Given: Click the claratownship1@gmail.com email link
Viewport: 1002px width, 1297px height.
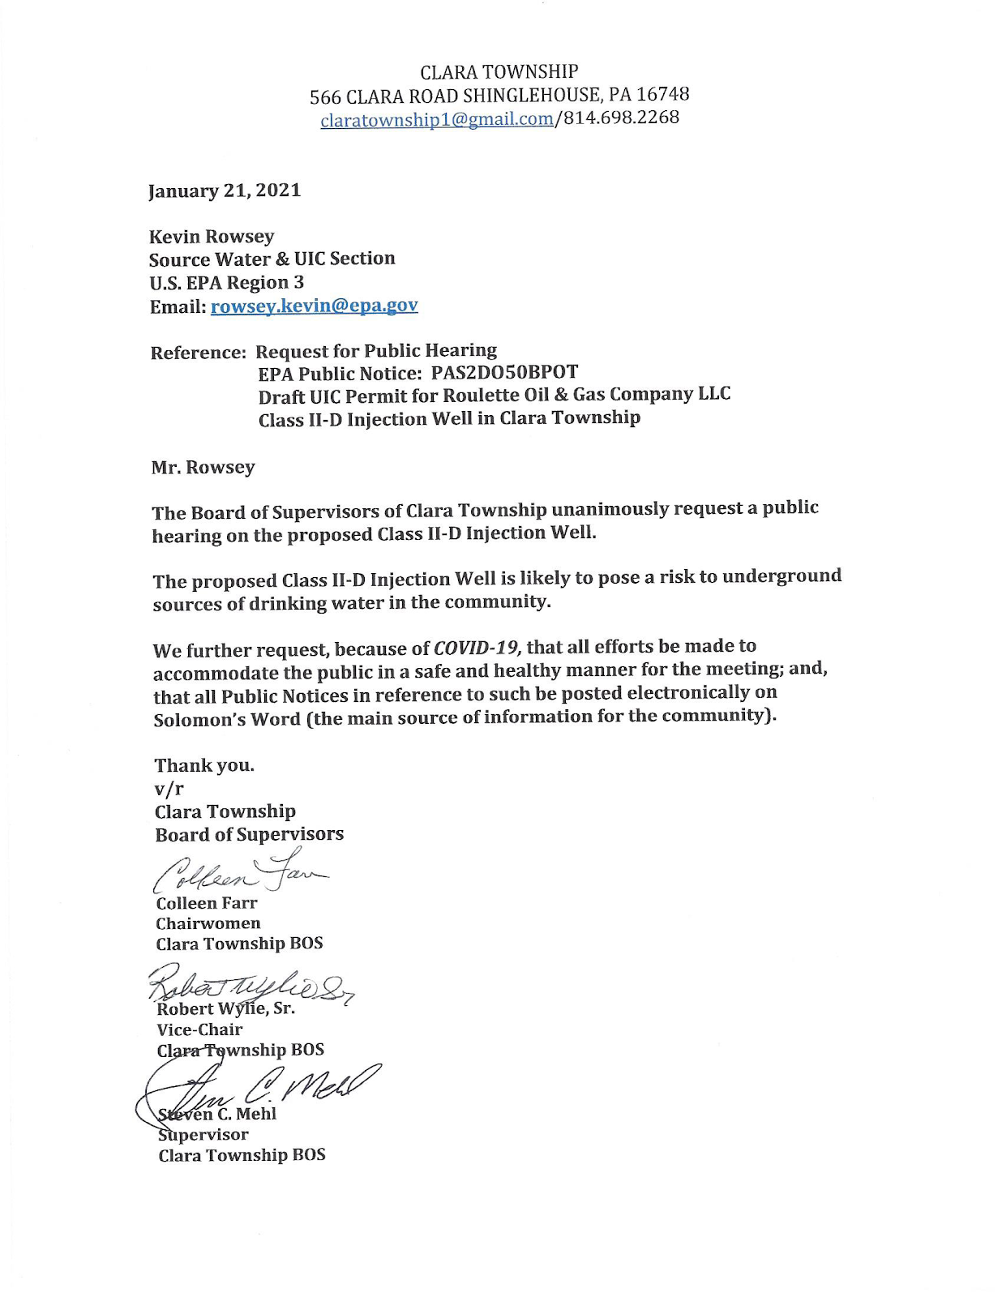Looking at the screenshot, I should [436, 120].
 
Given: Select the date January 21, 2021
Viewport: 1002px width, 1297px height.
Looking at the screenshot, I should [225, 190].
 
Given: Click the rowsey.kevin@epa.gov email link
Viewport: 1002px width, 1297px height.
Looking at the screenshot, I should [314, 306].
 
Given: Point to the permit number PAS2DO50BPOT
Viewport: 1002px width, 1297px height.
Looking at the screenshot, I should [504, 372].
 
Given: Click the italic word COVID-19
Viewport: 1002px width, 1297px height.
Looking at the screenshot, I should [477, 648].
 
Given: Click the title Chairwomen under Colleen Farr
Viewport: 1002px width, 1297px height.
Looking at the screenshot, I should [208, 923].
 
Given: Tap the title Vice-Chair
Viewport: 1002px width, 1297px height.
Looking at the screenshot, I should [199, 1029].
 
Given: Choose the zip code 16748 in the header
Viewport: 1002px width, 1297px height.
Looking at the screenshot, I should [662, 94].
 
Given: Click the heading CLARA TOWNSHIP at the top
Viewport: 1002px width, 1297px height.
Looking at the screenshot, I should [499, 71].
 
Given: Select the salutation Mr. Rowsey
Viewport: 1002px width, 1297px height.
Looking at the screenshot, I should [203, 468].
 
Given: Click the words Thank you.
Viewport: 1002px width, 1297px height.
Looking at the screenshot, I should [204, 765].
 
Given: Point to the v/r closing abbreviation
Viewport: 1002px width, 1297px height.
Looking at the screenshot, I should [169, 788].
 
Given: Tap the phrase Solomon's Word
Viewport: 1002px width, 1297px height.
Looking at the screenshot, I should [227, 719].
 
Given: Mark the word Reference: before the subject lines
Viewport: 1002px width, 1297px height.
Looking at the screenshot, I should [198, 353].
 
